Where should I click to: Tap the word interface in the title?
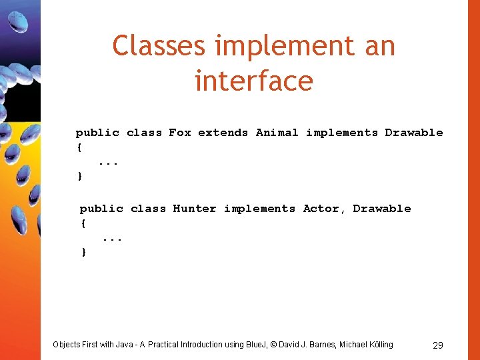click(254, 81)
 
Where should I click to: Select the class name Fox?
click(180, 133)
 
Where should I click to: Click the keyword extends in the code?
click(223, 133)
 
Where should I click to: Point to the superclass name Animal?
click(277, 133)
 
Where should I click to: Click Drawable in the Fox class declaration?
click(414, 133)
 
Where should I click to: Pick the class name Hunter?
click(195, 209)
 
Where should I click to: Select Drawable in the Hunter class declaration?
click(382, 209)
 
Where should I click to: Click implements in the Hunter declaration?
click(259, 209)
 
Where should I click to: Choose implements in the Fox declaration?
click(342, 133)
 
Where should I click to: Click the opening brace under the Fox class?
click(79, 147)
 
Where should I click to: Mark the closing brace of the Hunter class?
click(83, 252)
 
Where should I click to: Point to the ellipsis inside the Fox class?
click(108, 162)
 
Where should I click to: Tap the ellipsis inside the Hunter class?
click(112, 238)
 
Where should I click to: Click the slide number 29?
click(438, 345)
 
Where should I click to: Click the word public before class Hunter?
click(101, 209)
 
